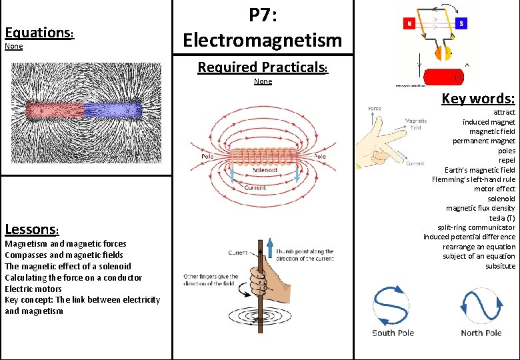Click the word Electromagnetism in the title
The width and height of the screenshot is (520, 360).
pos(262,40)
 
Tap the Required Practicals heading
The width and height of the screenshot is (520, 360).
pos(262,67)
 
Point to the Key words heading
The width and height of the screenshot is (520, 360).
pos(478,99)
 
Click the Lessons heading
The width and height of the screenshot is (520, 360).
pos(32,230)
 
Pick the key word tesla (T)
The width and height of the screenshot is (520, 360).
pos(501,218)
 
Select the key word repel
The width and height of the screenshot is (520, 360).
pos(506,161)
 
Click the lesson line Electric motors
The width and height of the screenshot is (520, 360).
pos(33,289)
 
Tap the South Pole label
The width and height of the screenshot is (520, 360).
pos(393,333)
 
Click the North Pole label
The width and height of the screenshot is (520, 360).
pos(481,333)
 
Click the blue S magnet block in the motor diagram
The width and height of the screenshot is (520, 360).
pos(461,23)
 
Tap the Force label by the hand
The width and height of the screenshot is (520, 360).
pos(375,108)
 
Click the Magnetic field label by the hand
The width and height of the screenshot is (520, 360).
pos(416,124)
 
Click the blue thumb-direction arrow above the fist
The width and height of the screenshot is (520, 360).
pos(271,250)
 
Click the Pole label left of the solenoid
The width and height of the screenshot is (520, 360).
pos(208,157)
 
